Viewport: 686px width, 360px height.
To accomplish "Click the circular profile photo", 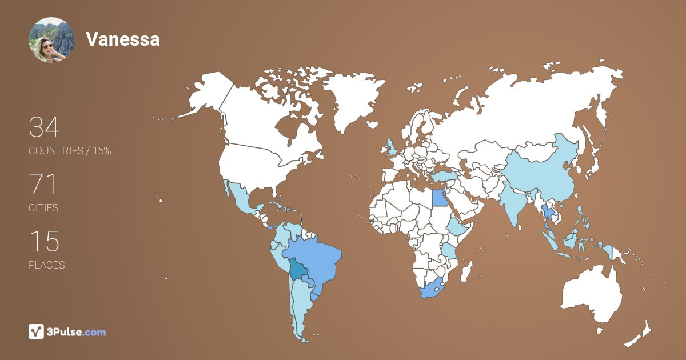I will point(51,39).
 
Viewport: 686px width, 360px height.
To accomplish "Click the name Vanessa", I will point(122,39).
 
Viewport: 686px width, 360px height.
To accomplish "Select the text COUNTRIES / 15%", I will point(70,151).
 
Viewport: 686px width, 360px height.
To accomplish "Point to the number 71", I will point(43,185).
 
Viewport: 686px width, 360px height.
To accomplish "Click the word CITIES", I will point(44,208).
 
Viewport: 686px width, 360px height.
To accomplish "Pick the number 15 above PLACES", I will point(44,241).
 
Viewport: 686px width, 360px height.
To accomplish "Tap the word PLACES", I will point(47,265).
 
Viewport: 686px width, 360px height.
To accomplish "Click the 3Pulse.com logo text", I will point(76,332).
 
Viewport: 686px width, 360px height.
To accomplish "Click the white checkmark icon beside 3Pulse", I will point(36,331).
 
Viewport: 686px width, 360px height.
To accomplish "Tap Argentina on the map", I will point(300,309).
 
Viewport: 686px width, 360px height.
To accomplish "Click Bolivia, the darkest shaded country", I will point(297,268).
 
